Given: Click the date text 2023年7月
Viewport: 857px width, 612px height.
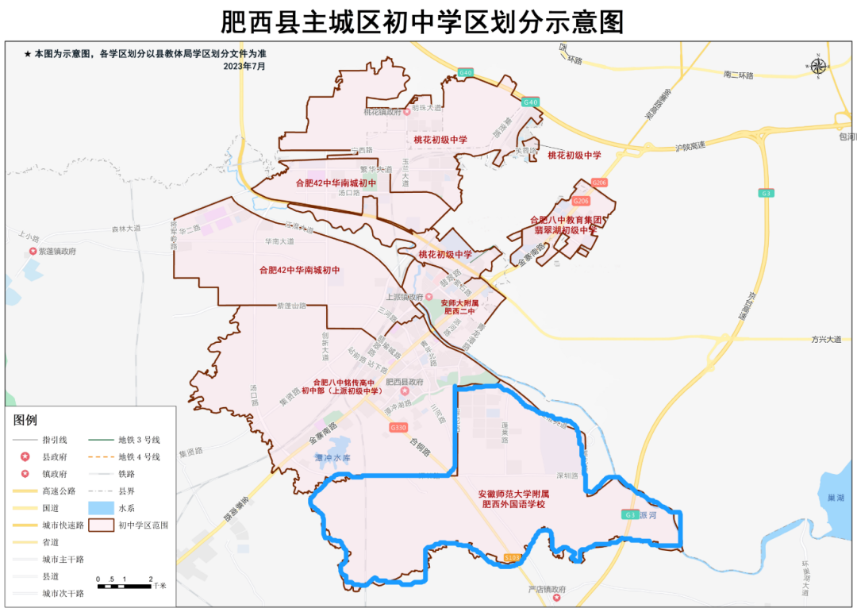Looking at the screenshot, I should point(244,67).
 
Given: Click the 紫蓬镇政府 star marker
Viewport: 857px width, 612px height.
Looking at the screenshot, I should point(33,251).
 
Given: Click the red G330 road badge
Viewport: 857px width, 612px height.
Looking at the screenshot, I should point(398,428).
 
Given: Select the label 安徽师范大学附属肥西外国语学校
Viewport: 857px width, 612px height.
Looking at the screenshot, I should point(515,498).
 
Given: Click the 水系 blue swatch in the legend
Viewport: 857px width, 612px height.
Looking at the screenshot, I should point(99,507).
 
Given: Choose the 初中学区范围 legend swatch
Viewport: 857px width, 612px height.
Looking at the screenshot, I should point(99,525).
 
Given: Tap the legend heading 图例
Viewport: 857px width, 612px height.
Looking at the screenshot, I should point(25,420).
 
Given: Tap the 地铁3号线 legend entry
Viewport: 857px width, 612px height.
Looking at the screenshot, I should point(139,439).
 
